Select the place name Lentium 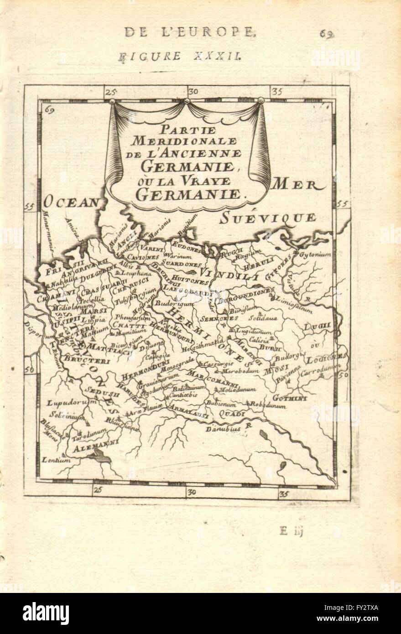[56, 460]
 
